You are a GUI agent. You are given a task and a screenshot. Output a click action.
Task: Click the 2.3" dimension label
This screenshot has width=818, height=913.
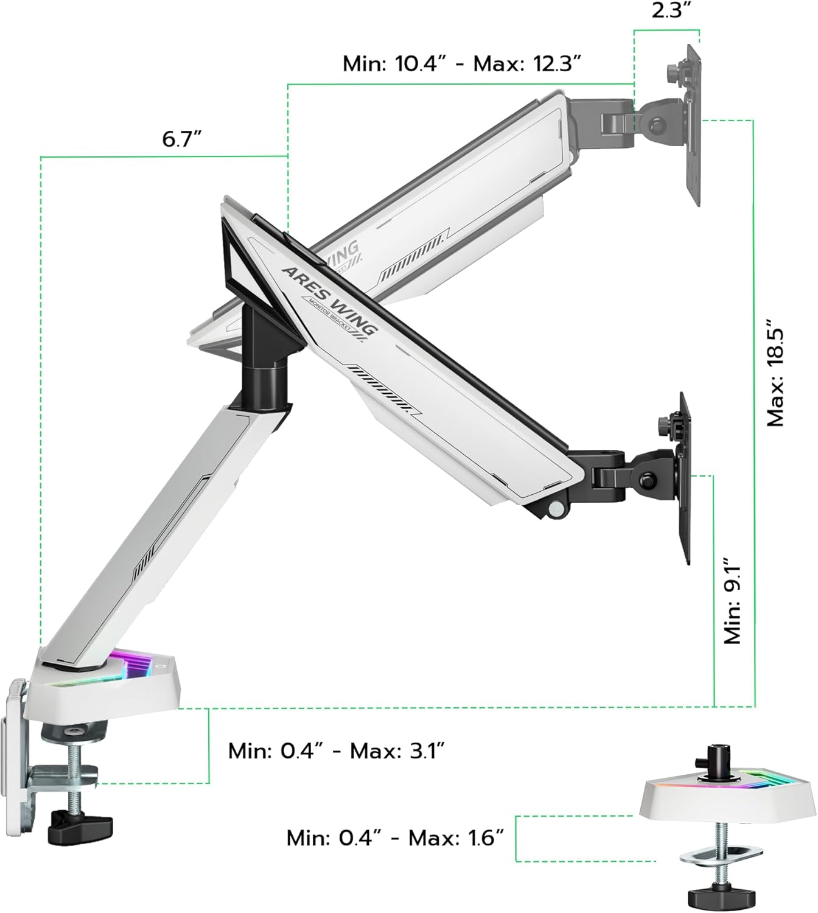[x=668, y=12]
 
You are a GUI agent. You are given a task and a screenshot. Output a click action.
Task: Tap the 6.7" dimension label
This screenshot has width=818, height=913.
[x=181, y=139]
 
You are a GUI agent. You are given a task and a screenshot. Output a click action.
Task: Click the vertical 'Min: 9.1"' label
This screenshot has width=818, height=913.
[x=732, y=600]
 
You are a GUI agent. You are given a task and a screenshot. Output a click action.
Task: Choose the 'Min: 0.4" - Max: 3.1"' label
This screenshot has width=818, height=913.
[x=337, y=750]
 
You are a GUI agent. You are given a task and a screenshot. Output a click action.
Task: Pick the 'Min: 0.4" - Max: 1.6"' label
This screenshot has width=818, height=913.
[x=396, y=838]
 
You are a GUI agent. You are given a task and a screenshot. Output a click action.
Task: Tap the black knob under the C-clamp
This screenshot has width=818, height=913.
[x=82, y=825]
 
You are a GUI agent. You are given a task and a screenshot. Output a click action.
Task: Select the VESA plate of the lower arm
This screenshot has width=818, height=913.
[x=685, y=478]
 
